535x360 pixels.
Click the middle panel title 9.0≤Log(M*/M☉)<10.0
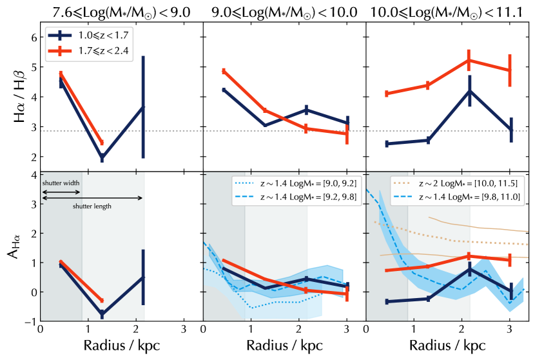point(284,11)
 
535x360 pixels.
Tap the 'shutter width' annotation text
point(61,183)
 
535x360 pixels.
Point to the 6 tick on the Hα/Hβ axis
point(34,37)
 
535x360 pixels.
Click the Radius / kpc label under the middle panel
point(284,345)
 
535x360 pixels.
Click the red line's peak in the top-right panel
point(469,60)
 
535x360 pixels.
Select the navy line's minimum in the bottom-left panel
point(102,314)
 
